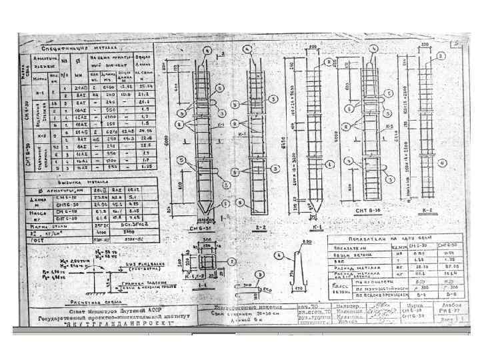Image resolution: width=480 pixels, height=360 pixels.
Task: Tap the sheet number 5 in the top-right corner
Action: tap(455, 44)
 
